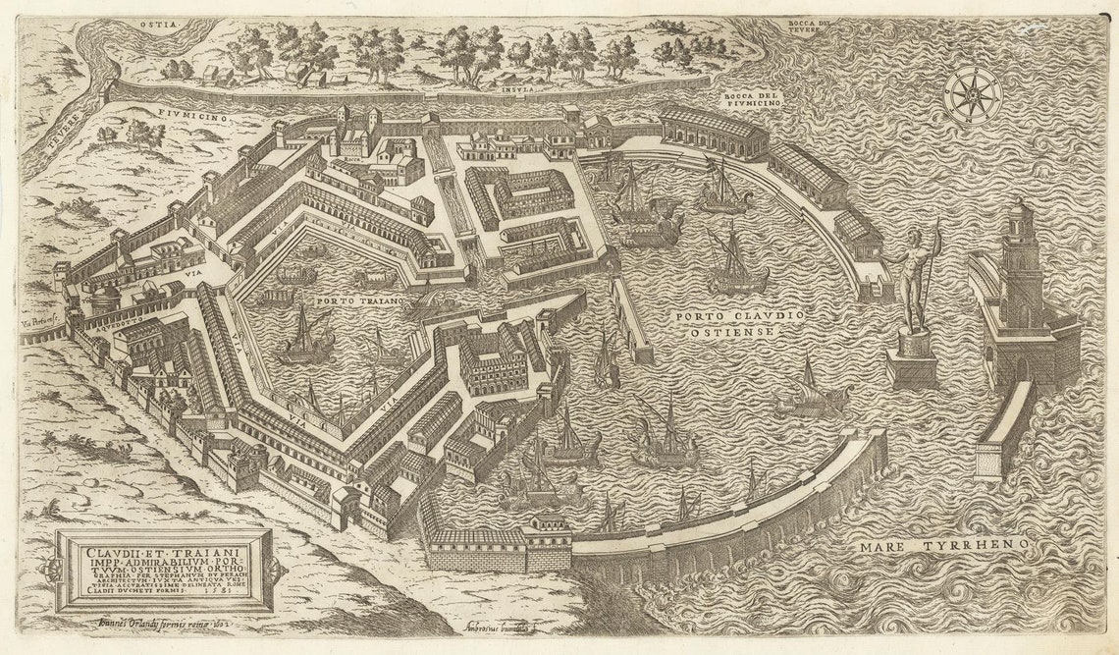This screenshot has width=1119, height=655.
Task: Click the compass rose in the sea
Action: coord(972,96)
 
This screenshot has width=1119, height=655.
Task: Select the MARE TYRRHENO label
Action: coord(943,544)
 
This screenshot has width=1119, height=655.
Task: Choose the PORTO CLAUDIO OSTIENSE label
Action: coord(739,324)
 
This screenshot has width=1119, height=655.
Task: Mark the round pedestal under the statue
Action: coord(914,345)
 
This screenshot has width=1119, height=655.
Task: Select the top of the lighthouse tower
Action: coord(1022,208)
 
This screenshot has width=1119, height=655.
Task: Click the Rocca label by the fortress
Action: coord(352,156)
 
